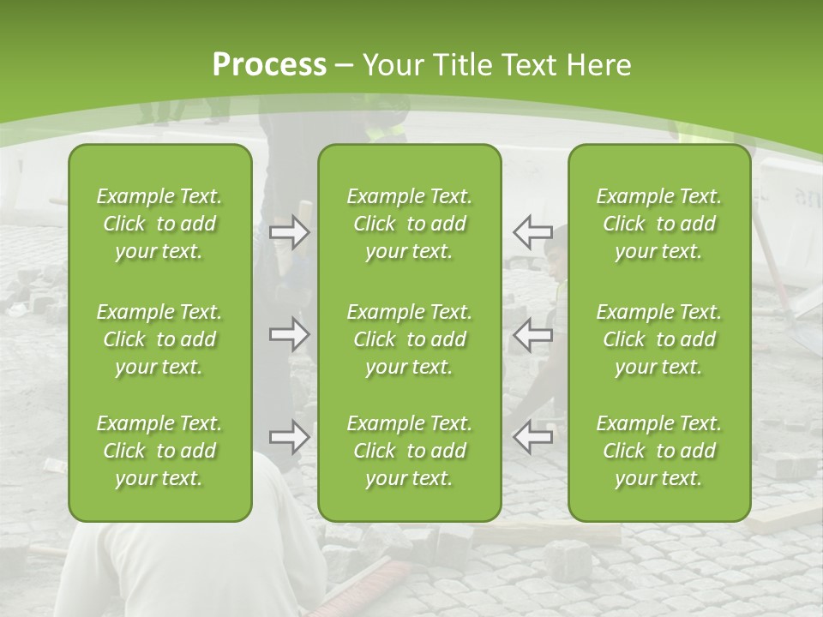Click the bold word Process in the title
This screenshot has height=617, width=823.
269,65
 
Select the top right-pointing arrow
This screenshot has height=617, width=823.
289,231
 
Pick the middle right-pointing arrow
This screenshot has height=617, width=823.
289,334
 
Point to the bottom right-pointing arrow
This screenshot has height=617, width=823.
289,437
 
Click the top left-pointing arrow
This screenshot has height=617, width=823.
532,231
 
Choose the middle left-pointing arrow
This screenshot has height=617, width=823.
532,334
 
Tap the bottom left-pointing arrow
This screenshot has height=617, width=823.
532,437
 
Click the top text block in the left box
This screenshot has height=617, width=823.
159,224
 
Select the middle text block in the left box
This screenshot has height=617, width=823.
159,339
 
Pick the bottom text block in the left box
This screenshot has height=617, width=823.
159,451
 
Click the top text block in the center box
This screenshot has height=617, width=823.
409,224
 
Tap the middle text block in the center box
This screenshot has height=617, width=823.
409,339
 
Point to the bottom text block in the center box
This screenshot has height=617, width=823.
409,451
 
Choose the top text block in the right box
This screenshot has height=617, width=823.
658,224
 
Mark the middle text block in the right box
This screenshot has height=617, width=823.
658,339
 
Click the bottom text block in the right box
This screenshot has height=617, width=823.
658,451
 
